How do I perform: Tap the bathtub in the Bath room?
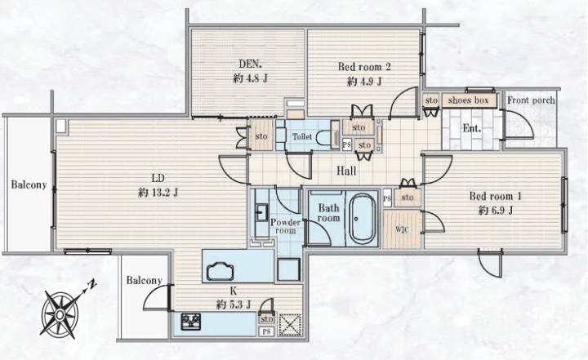[363, 219]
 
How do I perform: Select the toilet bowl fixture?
[323, 137]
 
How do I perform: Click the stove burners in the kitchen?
[191, 322]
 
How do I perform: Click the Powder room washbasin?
[261, 212]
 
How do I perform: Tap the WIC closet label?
[403, 229]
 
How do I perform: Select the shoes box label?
[469, 100]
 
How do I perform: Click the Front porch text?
[531, 100]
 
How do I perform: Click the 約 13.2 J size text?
[158, 193]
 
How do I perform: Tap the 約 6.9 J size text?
[496, 211]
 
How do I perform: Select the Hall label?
[346, 171]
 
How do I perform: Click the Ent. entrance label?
[472, 129]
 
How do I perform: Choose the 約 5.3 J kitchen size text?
[234, 304]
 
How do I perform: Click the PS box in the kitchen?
[266, 331]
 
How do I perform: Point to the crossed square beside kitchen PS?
[290, 324]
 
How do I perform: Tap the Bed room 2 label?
[364, 67]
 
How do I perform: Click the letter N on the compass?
[91, 284]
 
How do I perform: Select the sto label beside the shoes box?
[431, 100]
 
